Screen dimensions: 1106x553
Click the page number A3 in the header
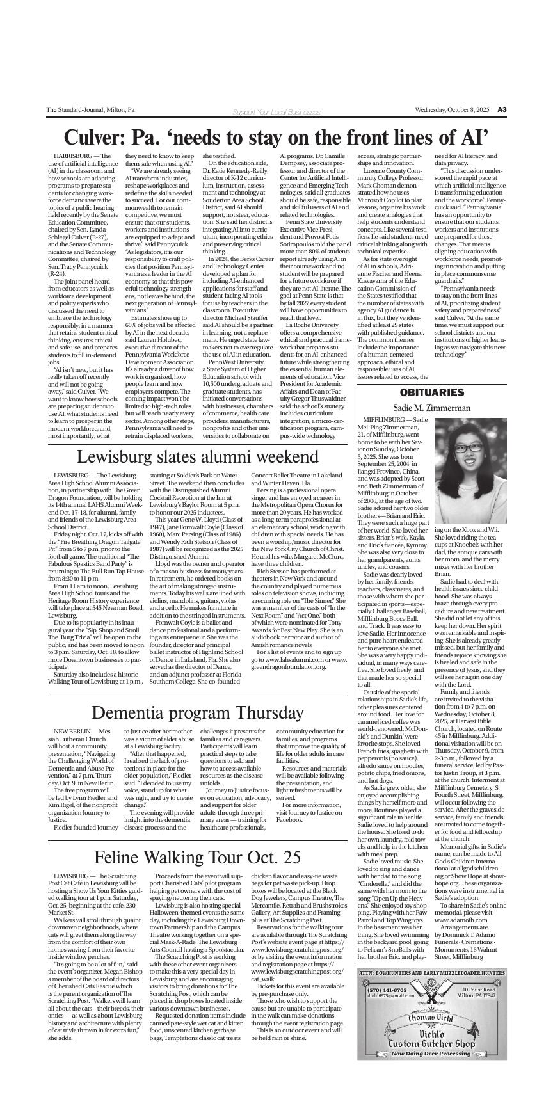tap(502, 110)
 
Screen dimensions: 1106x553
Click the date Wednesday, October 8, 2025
tap(452, 110)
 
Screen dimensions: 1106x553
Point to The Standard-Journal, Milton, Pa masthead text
tap(90, 110)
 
